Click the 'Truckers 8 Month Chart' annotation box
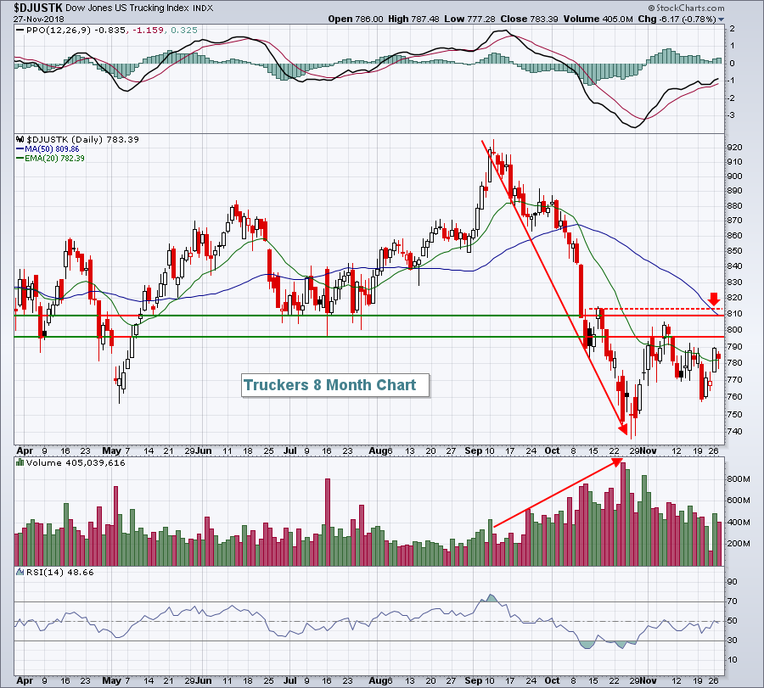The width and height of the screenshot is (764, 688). pyautogui.click(x=330, y=385)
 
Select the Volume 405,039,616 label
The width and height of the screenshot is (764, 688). pyautogui.click(x=76, y=463)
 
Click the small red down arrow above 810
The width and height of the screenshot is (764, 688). pyautogui.click(x=714, y=299)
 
